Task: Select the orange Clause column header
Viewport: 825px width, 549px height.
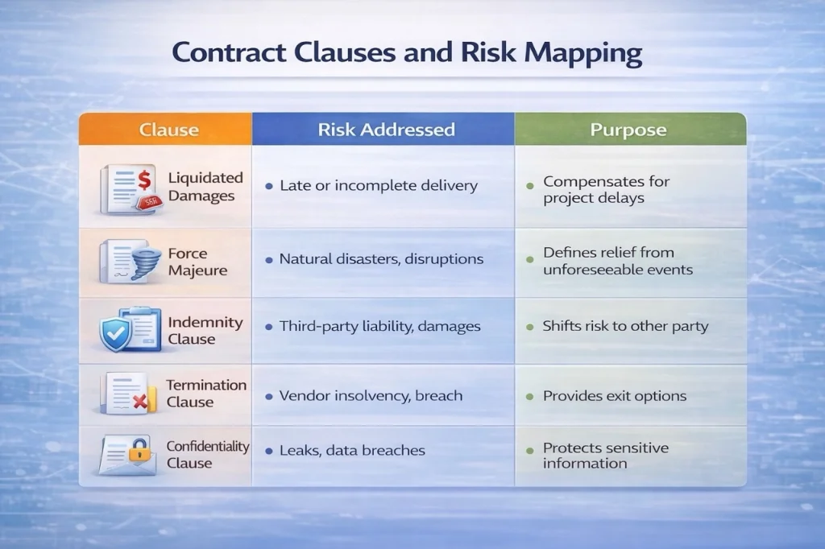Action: (x=165, y=129)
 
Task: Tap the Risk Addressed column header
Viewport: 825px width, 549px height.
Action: (x=383, y=129)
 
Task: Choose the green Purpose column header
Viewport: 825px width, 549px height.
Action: (x=630, y=129)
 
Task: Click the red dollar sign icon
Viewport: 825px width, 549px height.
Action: (x=144, y=180)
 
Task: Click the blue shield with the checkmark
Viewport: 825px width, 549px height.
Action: (x=115, y=333)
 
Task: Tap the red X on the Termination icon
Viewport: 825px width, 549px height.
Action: (x=140, y=402)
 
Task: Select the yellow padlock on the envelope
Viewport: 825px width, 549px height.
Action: (x=139, y=450)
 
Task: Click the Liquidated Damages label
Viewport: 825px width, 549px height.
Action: (x=205, y=187)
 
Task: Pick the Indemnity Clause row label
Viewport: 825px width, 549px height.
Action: (x=205, y=330)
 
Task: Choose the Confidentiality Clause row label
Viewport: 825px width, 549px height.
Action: (x=208, y=454)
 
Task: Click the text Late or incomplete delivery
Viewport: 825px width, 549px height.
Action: (x=379, y=186)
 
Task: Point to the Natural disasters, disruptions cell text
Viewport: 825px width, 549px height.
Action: (x=381, y=258)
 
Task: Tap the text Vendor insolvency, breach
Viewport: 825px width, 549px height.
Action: (x=371, y=395)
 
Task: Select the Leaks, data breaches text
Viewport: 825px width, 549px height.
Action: (x=352, y=450)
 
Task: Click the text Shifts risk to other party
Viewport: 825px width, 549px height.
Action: (x=625, y=326)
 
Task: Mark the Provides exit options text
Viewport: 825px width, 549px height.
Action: (x=615, y=396)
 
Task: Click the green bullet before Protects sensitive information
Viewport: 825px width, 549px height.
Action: (x=530, y=451)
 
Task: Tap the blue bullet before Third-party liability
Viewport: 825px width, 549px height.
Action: (x=269, y=327)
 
